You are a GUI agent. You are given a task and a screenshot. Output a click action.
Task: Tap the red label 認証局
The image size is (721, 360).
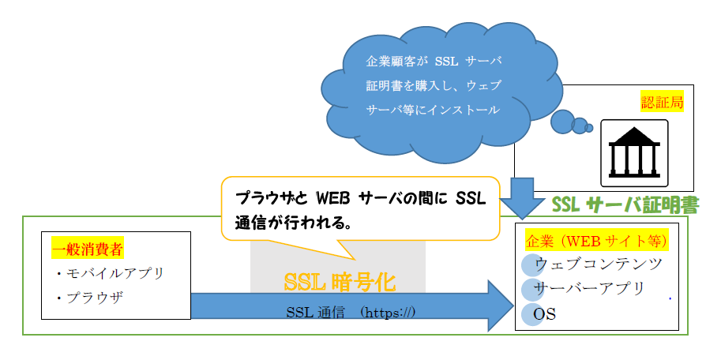point(662,103)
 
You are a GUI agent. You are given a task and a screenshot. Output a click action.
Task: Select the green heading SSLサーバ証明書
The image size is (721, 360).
point(625,205)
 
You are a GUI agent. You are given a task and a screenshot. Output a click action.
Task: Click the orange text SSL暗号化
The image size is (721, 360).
point(340,283)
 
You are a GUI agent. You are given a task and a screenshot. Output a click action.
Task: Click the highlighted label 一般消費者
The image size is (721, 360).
point(88,250)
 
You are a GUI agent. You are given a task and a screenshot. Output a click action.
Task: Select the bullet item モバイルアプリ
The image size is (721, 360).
point(111,274)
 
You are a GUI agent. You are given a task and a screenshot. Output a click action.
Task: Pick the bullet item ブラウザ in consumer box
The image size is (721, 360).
point(90,298)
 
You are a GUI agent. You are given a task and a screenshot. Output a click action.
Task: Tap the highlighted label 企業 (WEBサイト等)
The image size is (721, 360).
point(596,241)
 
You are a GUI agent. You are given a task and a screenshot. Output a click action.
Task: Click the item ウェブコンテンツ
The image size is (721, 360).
point(599,264)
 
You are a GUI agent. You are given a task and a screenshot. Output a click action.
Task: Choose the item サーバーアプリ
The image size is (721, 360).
point(589,289)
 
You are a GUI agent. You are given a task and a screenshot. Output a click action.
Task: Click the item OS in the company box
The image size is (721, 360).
point(544,314)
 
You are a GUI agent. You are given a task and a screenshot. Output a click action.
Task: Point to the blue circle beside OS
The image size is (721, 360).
point(532,315)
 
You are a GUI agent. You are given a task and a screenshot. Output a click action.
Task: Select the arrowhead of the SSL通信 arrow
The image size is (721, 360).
point(501,306)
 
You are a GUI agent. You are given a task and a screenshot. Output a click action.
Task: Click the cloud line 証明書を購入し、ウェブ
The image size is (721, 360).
point(433,85)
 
